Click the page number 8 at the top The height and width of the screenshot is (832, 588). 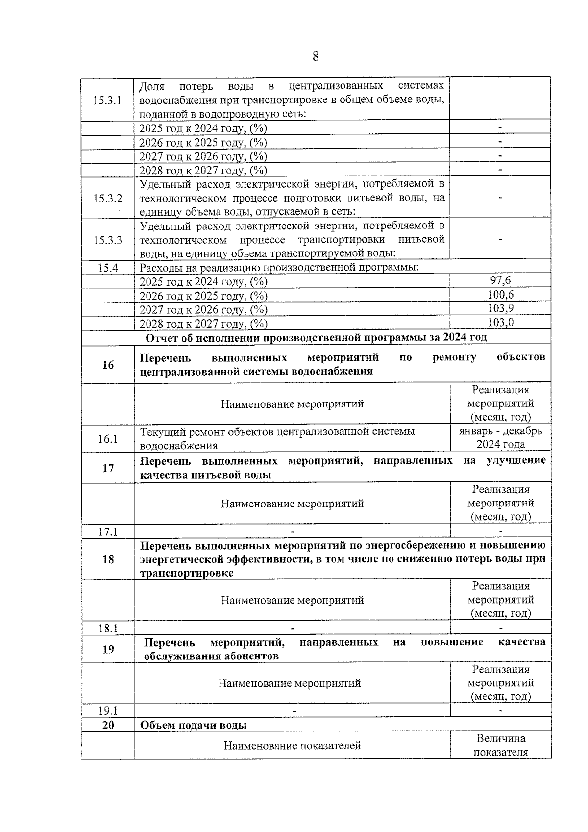click(315, 57)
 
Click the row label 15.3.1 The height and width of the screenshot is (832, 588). click(107, 100)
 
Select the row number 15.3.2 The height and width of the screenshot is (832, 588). click(107, 198)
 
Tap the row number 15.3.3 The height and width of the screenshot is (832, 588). click(107, 240)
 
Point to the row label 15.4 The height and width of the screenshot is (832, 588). click(107, 268)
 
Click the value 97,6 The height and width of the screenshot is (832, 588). click(500, 280)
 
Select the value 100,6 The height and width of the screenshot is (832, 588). click(500, 295)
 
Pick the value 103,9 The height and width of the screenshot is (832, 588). click(500, 308)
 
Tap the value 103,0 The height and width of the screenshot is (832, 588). click(500, 323)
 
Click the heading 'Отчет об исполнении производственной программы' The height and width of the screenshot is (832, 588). click(316, 338)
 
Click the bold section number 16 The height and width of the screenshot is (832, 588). click(108, 365)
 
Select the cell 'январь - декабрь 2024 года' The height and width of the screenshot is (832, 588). click(500, 438)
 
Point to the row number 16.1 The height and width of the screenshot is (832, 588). click(107, 438)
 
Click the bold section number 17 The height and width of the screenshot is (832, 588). click(108, 468)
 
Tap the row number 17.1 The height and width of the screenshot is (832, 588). click(107, 531)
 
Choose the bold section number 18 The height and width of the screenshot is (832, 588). click(108, 559)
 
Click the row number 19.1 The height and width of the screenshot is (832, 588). click(107, 711)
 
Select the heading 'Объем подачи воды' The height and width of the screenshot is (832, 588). click(194, 725)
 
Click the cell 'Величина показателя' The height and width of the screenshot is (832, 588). click(500, 745)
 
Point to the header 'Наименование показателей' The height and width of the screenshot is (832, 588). click(292, 746)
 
